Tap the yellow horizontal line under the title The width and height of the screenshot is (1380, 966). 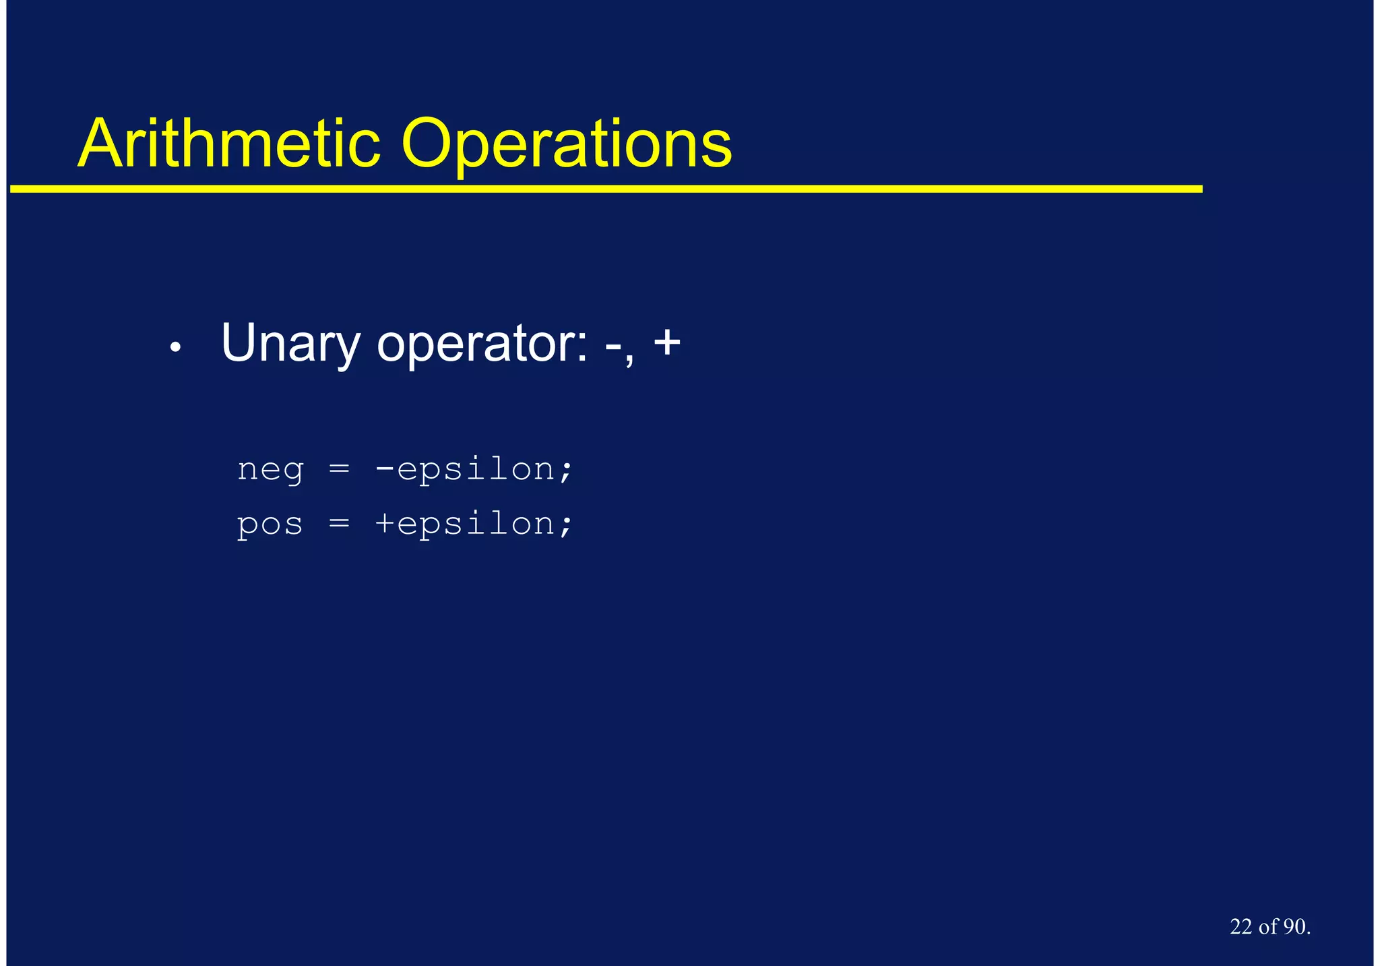click(x=606, y=189)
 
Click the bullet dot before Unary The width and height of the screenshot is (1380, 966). click(x=175, y=348)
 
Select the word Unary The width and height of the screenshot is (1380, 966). click(x=290, y=344)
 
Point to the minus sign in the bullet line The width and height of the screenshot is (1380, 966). click(x=613, y=346)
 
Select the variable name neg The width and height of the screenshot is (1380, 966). click(x=270, y=469)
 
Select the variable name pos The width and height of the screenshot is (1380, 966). click(x=270, y=524)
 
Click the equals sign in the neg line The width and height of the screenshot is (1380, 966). click(x=339, y=468)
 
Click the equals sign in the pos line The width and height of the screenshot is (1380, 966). click(x=339, y=522)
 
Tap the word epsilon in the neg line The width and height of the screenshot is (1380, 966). click(x=475, y=469)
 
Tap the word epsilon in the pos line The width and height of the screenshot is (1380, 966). click(x=475, y=524)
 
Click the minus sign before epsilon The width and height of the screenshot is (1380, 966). click(x=385, y=468)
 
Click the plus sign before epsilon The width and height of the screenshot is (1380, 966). click(x=385, y=522)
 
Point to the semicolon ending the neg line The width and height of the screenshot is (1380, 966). click(x=565, y=470)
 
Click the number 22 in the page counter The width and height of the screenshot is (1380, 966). click(x=1241, y=927)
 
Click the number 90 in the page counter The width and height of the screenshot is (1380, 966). click(x=1294, y=927)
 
